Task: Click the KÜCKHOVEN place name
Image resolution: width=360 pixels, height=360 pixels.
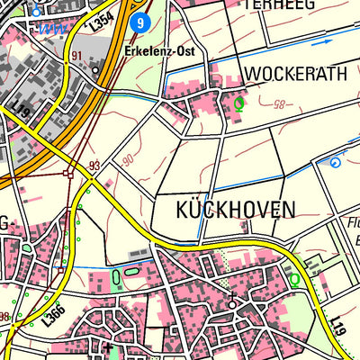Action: (x=226, y=210)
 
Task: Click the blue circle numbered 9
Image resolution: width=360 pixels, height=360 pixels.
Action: (x=138, y=22)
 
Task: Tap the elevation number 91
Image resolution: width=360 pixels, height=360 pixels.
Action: (x=76, y=56)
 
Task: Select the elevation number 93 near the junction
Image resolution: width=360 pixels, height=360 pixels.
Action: (x=94, y=166)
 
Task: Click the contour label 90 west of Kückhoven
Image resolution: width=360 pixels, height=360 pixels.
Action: (x=128, y=162)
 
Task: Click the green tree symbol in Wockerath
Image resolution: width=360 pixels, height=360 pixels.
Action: (x=238, y=103)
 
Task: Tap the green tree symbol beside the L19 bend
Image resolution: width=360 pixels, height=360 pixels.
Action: (x=294, y=279)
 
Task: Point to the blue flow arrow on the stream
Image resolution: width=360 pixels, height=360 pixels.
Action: (x=317, y=41)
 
